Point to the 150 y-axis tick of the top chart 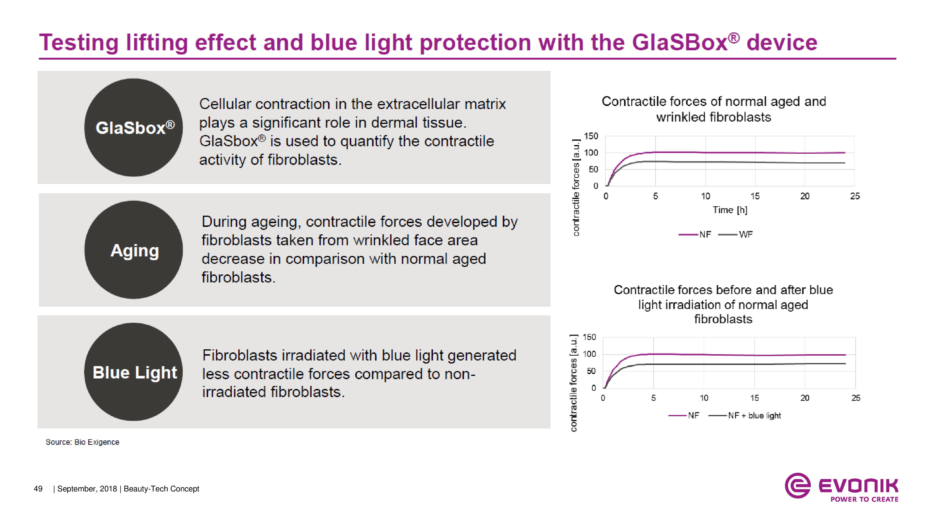click(x=591, y=136)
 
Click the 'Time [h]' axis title click(x=730, y=210)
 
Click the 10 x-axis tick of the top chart click(x=706, y=196)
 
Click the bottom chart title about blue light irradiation click(x=723, y=304)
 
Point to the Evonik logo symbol click(x=797, y=485)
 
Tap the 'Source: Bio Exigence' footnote click(x=82, y=442)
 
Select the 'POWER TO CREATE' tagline click(x=864, y=499)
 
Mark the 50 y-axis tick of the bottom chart click(x=591, y=371)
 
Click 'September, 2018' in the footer click(x=87, y=489)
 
